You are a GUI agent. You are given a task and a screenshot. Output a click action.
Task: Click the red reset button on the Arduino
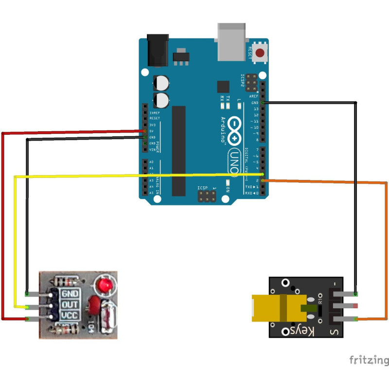pos(261,53)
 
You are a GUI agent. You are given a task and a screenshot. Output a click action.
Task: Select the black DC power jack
pos(157,50)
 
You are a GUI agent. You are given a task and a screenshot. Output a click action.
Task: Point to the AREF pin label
pos(254,97)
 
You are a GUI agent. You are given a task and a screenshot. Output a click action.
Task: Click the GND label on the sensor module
pos(70,294)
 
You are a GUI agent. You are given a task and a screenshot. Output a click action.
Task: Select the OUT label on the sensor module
pos(70,305)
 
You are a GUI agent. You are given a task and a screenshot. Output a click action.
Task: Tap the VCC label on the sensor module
pos(70,316)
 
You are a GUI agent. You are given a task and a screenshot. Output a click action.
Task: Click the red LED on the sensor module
pos(104,285)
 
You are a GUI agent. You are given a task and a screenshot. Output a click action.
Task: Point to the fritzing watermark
pos(369,360)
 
